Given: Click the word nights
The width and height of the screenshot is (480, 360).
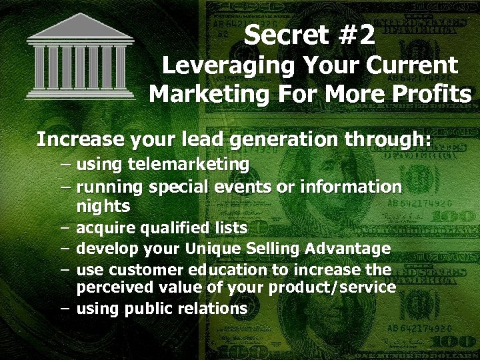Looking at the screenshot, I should pos(103,207).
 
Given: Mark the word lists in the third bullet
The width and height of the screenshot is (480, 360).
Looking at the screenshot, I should pos(229,228).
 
